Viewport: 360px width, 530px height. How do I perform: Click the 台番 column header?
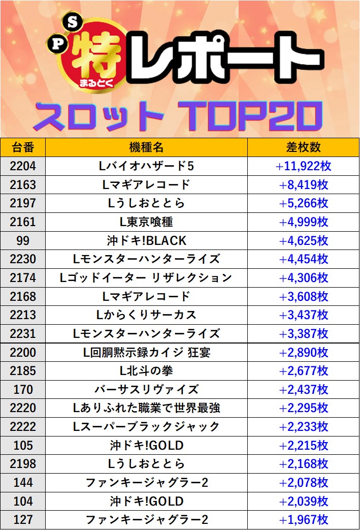(x=23, y=147)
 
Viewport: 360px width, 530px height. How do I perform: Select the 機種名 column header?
(x=146, y=147)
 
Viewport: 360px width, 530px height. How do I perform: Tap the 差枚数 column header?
(x=304, y=147)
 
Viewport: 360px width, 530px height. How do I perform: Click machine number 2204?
(x=23, y=166)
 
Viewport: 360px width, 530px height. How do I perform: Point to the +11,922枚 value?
(x=304, y=166)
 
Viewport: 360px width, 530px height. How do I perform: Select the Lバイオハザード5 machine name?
(x=146, y=166)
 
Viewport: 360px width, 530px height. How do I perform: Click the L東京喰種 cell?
(x=146, y=222)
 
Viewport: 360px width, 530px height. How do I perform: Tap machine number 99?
(x=23, y=240)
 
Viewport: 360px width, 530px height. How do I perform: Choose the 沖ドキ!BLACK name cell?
(x=146, y=240)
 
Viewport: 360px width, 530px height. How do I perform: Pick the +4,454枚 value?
(x=304, y=259)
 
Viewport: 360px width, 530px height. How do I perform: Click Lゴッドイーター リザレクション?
(x=146, y=278)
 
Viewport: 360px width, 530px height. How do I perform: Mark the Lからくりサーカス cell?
(x=146, y=315)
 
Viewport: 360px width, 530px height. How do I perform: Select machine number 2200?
(x=23, y=352)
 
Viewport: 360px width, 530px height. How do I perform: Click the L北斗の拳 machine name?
(x=146, y=371)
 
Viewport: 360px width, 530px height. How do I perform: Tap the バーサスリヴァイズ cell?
(x=146, y=390)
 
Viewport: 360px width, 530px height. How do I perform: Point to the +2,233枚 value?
(x=304, y=427)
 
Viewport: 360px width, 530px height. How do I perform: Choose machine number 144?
(x=23, y=483)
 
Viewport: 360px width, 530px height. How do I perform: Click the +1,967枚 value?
(x=304, y=520)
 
